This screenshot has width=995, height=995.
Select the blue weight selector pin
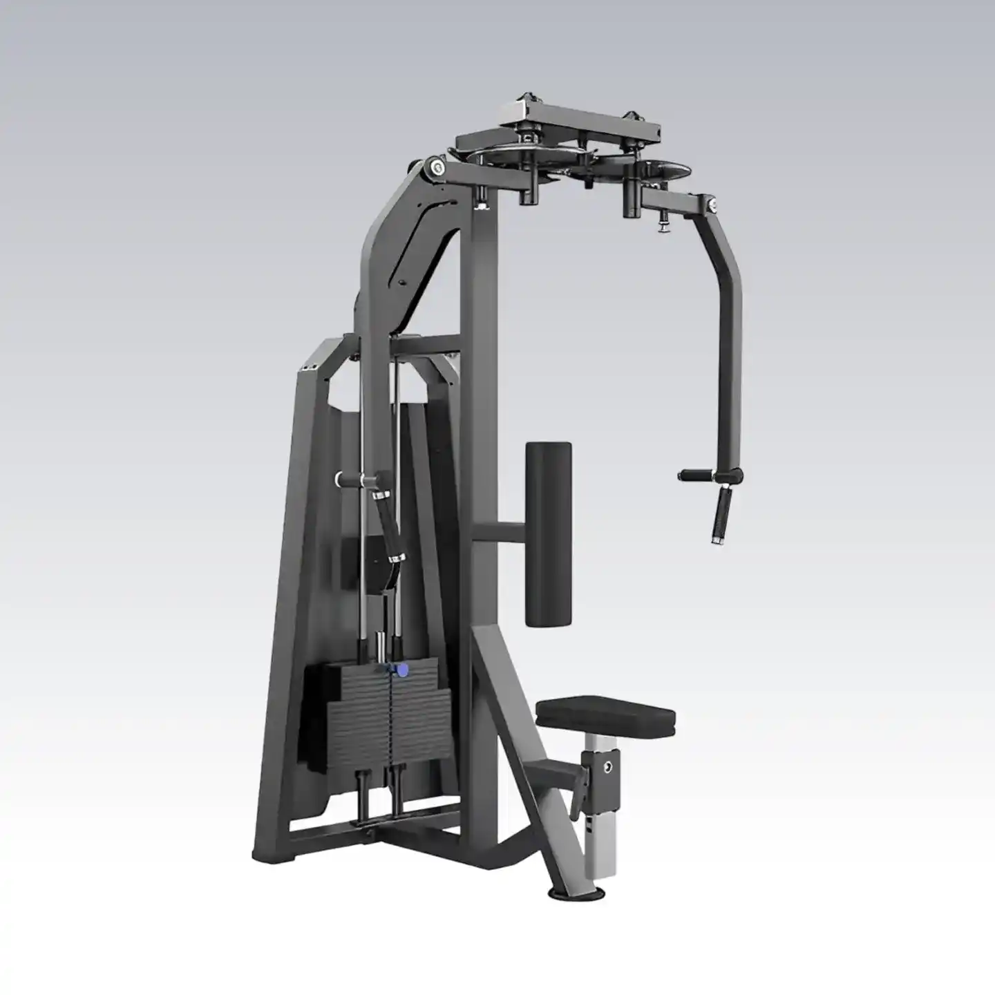coord(399,669)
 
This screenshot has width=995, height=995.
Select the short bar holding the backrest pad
coord(499,533)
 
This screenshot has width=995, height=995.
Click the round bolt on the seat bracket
coord(607,766)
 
